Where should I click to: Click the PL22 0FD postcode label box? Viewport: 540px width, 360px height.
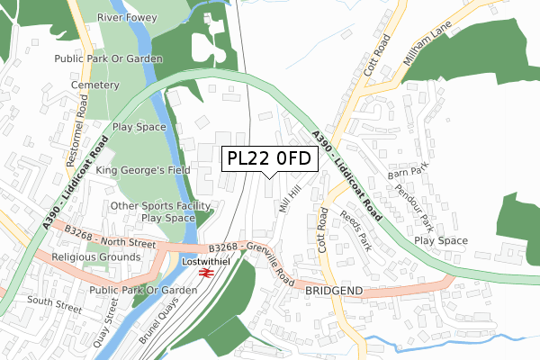269,158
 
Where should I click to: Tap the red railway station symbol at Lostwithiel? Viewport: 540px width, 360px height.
206,272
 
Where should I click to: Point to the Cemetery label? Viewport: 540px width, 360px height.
95,85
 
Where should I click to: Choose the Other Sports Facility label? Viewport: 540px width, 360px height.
161,205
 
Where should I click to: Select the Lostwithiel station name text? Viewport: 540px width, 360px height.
206,261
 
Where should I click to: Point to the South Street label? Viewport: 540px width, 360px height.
54,306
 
